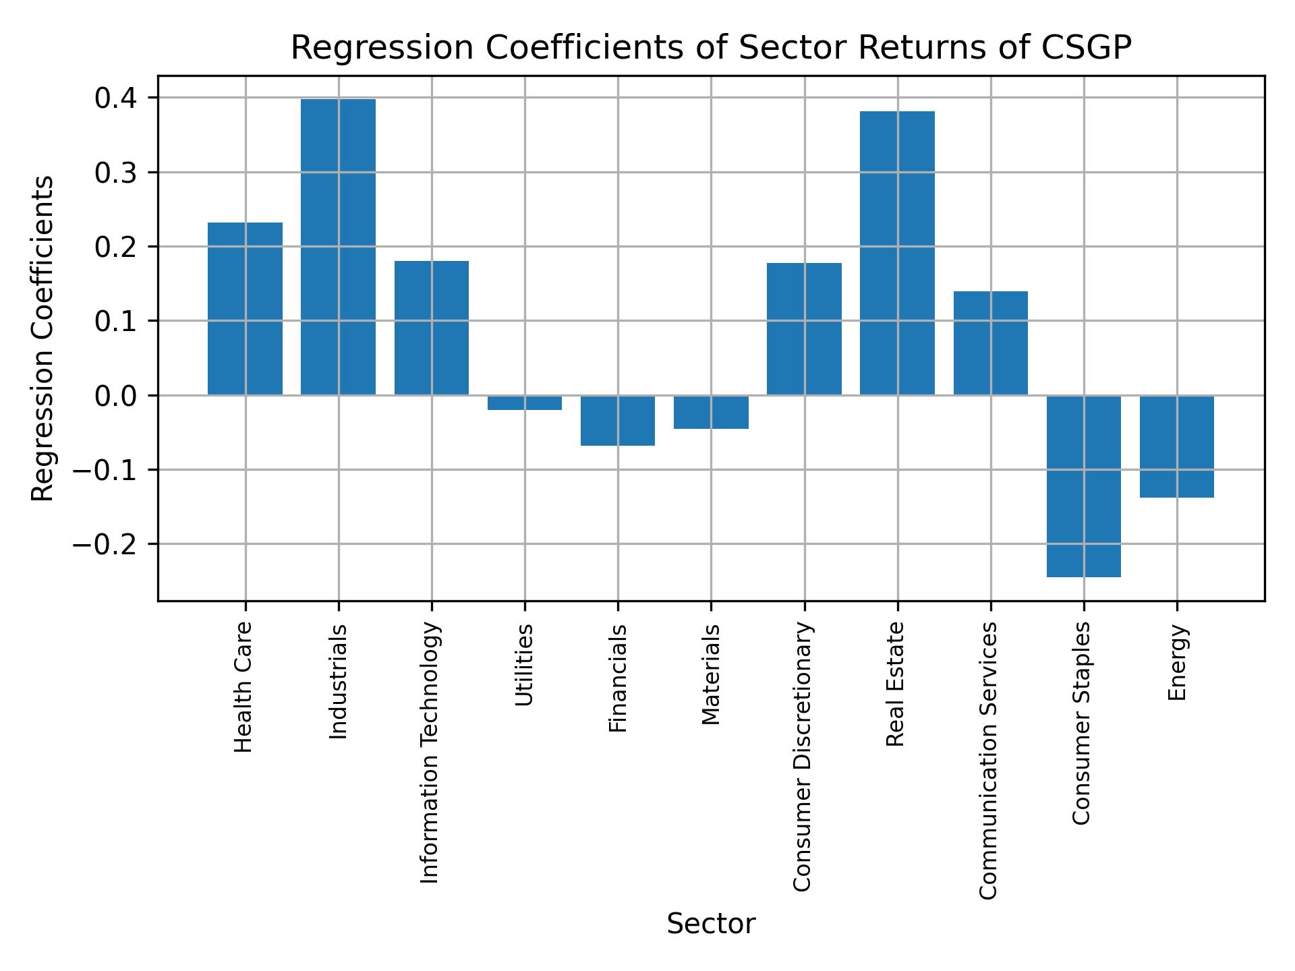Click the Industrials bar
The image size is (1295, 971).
click(x=338, y=247)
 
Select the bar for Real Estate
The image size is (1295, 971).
click(x=897, y=253)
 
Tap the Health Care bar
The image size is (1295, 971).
click(x=245, y=308)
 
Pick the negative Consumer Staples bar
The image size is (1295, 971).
click(x=1083, y=486)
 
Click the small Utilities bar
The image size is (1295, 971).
click(x=524, y=403)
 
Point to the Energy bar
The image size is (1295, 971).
click(x=1176, y=446)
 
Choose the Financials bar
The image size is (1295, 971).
click(x=617, y=420)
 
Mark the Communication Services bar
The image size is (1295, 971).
click(x=990, y=343)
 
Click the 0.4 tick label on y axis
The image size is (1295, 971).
click(x=116, y=98)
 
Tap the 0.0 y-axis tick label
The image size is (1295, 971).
click(x=116, y=396)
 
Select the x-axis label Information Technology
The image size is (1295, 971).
click(x=430, y=753)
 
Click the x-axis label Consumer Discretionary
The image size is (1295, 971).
click(x=802, y=757)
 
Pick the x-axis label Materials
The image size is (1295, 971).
click(x=710, y=674)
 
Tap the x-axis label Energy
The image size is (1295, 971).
click(x=1176, y=663)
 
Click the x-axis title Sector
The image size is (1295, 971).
click(x=710, y=924)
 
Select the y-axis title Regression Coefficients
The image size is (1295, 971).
click(x=43, y=338)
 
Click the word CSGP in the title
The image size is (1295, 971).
click(x=1085, y=48)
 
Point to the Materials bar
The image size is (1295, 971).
click(x=710, y=412)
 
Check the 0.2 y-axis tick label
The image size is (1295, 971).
click(x=116, y=247)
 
